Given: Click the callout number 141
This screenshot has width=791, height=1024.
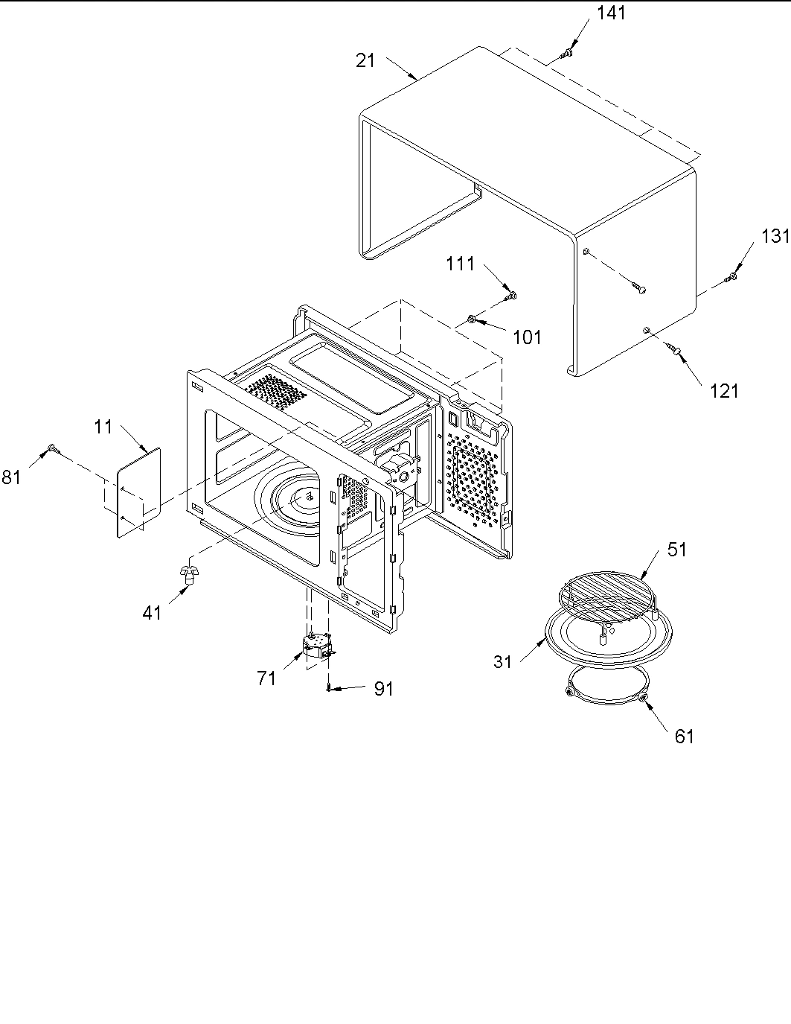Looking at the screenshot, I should [x=611, y=13].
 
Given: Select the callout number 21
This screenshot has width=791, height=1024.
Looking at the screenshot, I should [x=365, y=60].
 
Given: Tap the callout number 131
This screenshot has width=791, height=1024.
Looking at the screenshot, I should [x=775, y=236].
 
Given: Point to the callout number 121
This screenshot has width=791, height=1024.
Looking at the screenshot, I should [x=724, y=389].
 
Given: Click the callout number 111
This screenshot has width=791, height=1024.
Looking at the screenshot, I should [x=461, y=264].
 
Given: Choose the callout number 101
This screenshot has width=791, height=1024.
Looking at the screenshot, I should [x=527, y=337].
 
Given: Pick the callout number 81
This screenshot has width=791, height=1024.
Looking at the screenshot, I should [x=11, y=477].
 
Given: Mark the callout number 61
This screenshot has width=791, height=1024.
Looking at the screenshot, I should [x=684, y=736].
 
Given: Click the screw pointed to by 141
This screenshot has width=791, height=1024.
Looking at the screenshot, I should [x=567, y=53].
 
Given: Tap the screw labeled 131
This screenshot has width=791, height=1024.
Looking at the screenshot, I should [x=731, y=278].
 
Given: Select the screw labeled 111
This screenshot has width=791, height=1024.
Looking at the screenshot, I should [x=511, y=296].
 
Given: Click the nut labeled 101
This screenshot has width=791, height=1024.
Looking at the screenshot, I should [x=473, y=319].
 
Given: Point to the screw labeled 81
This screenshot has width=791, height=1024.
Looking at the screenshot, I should [x=52, y=448].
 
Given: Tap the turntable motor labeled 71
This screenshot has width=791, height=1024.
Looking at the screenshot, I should [x=318, y=645].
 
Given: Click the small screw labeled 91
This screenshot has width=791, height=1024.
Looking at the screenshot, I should [x=328, y=689].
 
